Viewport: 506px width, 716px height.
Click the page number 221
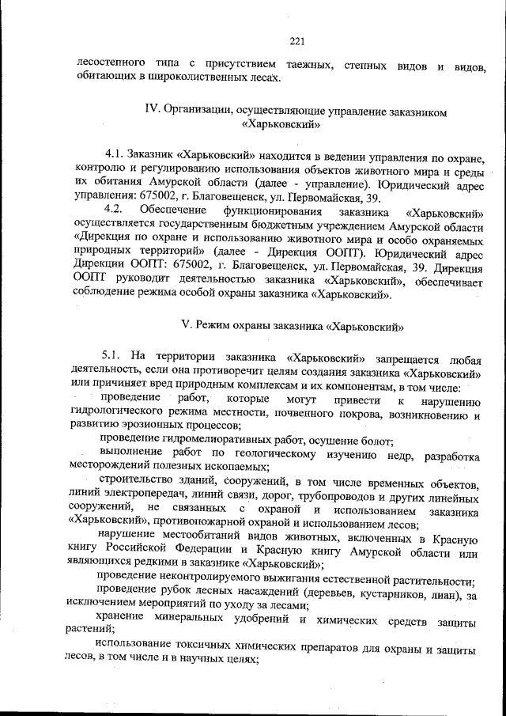tap(297, 42)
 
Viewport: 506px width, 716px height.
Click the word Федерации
tap(222, 553)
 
